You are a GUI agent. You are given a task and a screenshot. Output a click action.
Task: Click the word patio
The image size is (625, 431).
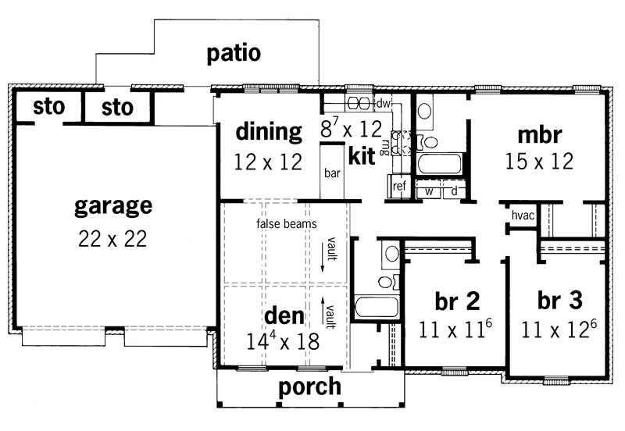click(234, 55)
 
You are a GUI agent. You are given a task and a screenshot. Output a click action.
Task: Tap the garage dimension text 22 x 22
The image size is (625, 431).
click(112, 239)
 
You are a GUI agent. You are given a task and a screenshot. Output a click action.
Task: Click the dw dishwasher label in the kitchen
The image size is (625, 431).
click(383, 103)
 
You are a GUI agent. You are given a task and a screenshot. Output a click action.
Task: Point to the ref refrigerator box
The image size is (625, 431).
click(399, 186)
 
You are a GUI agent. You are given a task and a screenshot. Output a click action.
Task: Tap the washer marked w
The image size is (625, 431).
click(429, 189)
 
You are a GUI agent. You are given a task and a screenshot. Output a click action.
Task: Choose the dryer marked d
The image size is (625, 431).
click(454, 189)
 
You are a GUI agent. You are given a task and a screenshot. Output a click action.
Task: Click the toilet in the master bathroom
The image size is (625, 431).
click(430, 141)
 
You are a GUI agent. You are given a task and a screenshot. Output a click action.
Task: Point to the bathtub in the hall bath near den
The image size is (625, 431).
click(377, 305)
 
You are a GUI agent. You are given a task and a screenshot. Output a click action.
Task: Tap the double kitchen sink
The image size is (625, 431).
click(359, 103)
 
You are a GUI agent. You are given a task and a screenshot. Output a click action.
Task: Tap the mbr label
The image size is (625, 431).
click(539, 134)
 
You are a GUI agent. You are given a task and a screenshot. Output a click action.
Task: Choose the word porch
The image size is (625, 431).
click(310, 386)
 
